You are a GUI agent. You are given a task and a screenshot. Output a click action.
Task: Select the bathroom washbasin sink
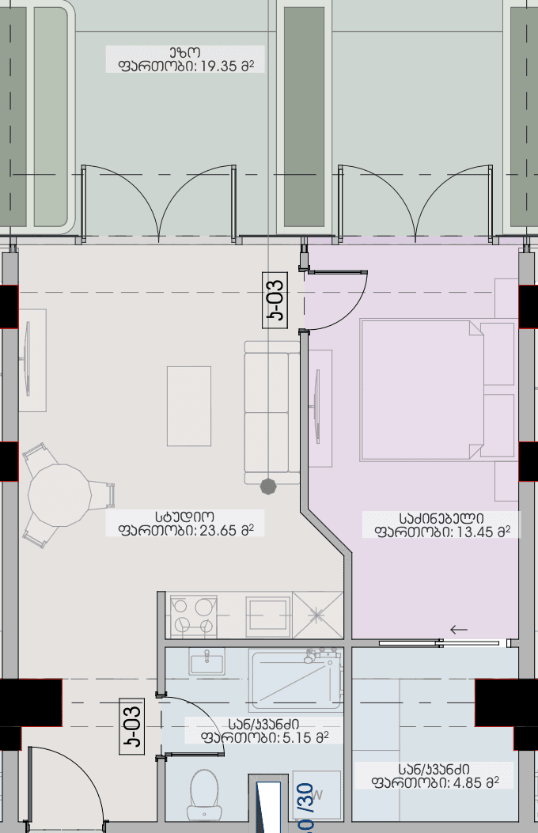pos(206,661)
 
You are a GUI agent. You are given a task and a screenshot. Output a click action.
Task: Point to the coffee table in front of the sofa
pos(189,406)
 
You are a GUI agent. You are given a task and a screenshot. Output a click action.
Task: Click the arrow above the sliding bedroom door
pos(459,630)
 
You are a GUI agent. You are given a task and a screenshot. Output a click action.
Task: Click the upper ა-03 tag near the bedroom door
pos(275,298)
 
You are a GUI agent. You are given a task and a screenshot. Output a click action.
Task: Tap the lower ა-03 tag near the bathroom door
pos(132,725)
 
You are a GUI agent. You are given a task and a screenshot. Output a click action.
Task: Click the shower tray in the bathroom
pos(295,680)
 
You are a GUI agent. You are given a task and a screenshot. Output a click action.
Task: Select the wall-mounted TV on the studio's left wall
pos(27,360)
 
